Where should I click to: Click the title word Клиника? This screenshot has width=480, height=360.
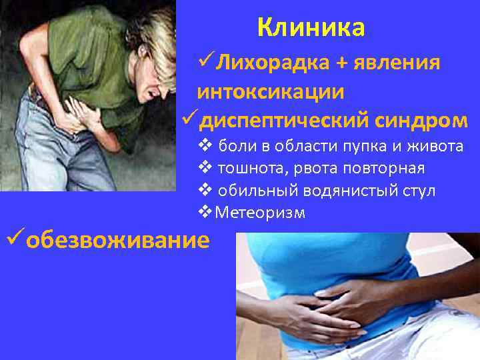point(311,29)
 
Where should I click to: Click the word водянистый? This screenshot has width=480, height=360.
point(345,191)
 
